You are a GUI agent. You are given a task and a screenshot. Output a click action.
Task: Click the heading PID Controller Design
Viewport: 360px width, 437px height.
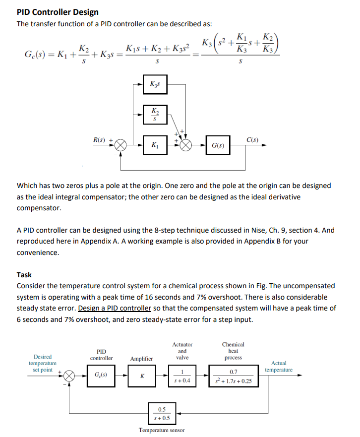58,12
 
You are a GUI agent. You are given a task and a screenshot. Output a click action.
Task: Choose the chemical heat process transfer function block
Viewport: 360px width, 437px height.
233,375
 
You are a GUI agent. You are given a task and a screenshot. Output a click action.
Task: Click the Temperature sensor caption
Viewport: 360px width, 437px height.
162,430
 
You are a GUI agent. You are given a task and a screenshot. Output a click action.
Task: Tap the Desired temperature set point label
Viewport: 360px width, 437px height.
42,363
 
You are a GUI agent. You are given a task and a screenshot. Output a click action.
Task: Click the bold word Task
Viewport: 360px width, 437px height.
24,274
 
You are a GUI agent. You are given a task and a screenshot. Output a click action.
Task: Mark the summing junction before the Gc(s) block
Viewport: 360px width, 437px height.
70,375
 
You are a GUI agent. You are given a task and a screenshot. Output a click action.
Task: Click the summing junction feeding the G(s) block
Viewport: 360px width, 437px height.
186,146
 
